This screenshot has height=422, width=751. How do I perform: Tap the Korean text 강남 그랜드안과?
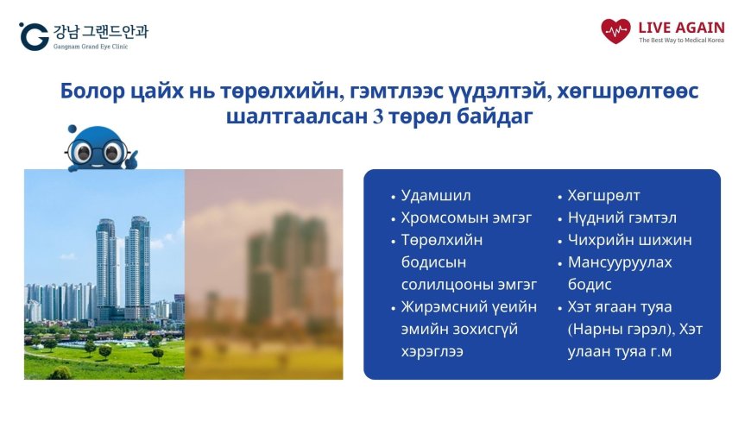pyautogui.click(x=100, y=31)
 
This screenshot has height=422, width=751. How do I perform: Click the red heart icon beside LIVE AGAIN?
pyautogui.click(x=615, y=31)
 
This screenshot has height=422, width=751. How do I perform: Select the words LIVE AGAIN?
pyautogui.click(x=682, y=27)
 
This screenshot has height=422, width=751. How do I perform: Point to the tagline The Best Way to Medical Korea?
pyautogui.click(x=681, y=41)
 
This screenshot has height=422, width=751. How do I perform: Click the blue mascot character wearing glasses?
pyautogui.click(x=97, y=148)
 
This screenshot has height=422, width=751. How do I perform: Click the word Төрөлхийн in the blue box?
pyautogui.click(x=441, y=240)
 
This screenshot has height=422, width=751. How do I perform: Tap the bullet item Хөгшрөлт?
pyautogui.click(x=603, y=195)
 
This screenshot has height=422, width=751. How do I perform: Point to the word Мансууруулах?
pyautogui.click(x=619, y=262)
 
